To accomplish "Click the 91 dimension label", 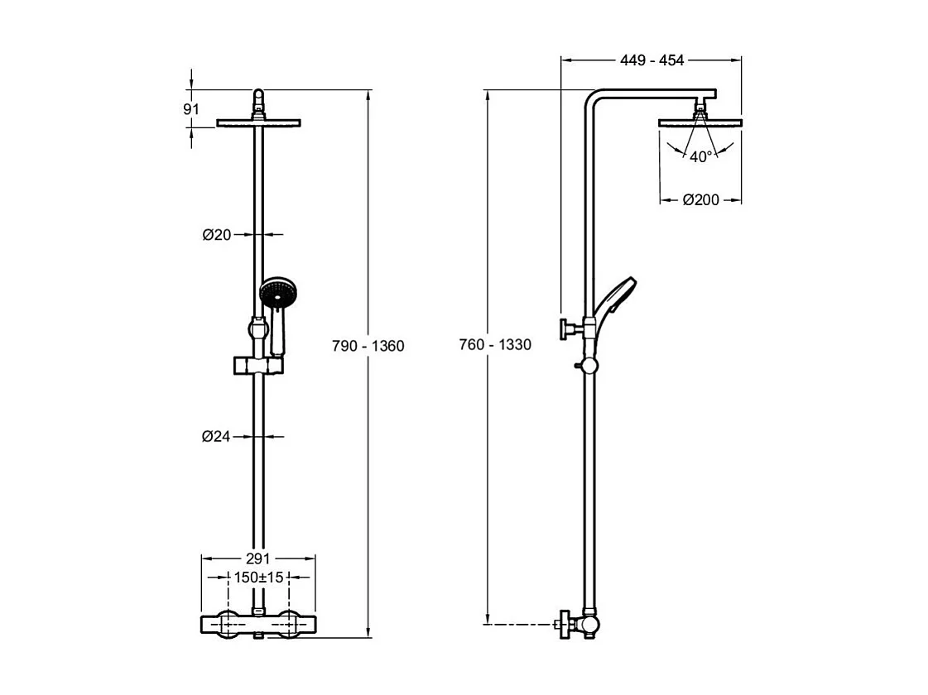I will point(191,109).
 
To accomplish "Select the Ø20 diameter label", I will point(216,235).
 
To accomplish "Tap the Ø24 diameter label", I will point(216,437).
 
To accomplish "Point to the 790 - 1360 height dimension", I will point(368,346).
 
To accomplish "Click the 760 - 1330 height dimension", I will point(495,345).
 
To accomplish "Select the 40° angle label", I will point(700,156).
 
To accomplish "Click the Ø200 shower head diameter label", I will point(700,199).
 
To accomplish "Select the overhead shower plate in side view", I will point(700,123).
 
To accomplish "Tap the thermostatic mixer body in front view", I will point(259,623).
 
